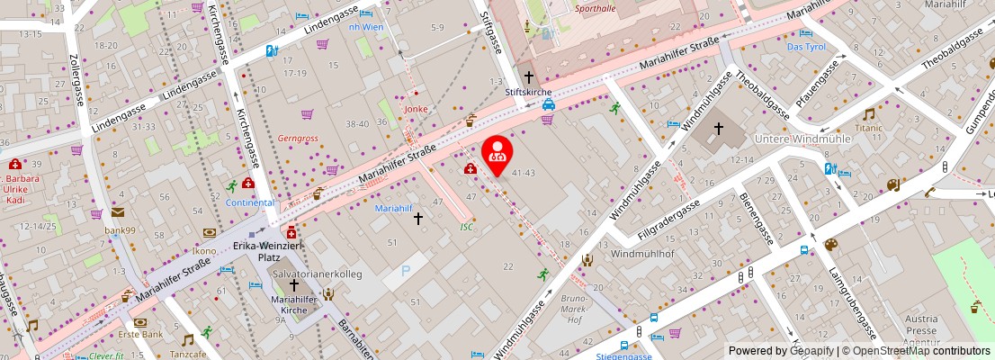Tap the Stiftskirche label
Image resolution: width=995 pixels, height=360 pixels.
[528, 93]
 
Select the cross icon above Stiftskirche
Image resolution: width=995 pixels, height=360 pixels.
[528, 77]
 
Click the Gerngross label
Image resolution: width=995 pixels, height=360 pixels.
[299, 139]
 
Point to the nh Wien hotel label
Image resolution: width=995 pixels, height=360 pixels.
[366, 27]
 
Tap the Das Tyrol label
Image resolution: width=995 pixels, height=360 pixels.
[805, 46]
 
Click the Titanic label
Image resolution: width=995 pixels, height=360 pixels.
[869, 128]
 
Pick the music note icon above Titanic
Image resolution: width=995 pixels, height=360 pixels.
[868, 114]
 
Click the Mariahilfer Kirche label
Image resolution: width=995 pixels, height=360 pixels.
[295, 304]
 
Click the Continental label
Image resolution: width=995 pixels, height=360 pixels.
[250, 202]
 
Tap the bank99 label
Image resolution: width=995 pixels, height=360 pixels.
[119, 230]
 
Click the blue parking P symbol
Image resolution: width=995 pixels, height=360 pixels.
[405, 269]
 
